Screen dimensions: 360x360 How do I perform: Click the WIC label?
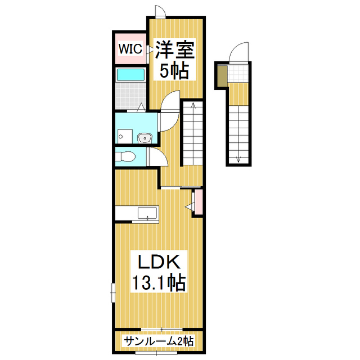coord(130,48)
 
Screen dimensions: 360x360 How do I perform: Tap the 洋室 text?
coord(175,49)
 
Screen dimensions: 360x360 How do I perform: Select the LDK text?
coord(159,262)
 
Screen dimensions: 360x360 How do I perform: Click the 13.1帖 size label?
coord(159,282)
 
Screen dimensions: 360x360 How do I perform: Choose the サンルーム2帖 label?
coord(159,341)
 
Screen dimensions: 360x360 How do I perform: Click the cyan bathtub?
coord(130,74)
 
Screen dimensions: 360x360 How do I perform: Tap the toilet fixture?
coord(125,157)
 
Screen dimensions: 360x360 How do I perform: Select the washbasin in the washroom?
coord(145,138)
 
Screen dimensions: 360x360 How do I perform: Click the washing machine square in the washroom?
coord(125,136)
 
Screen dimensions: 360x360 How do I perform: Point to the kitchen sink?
coord(147,213)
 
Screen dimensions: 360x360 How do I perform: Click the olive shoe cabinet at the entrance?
coord(222,76)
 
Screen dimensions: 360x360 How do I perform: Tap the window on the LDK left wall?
coord(112,292)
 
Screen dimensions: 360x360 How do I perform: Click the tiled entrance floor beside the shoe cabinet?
coord(238,73)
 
